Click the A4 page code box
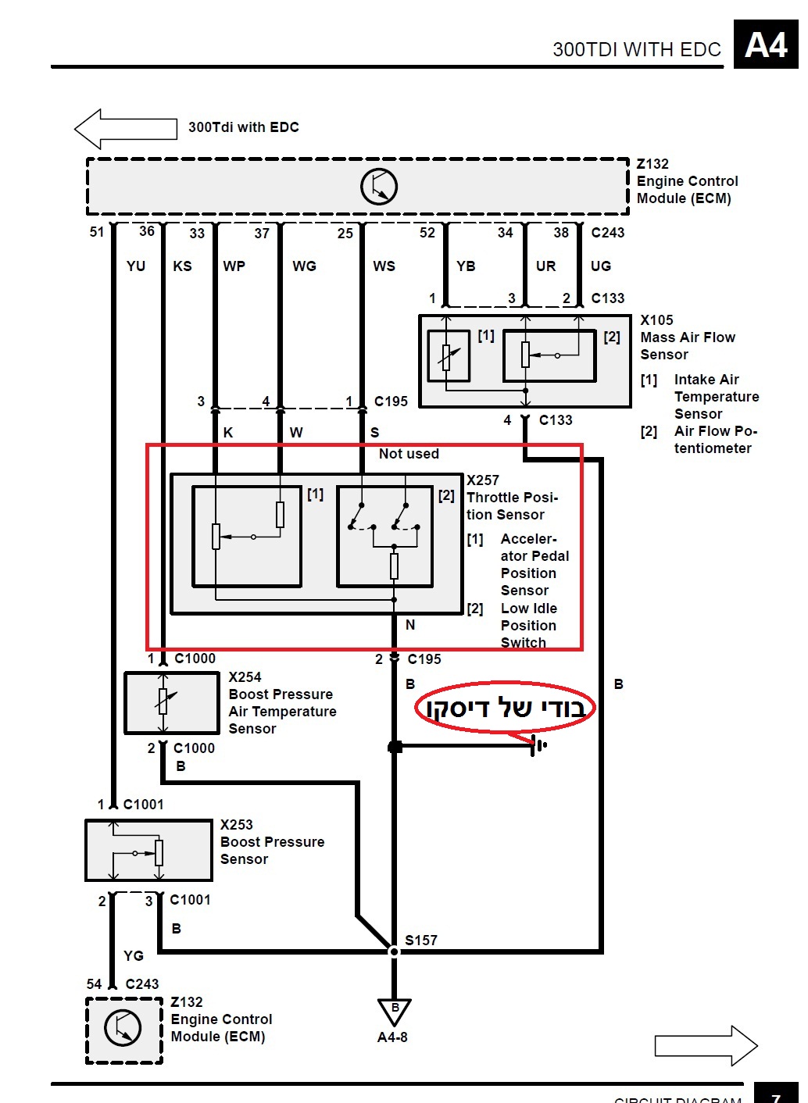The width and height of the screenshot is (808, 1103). point(765,45)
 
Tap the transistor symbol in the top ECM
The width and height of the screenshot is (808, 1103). point(379,187)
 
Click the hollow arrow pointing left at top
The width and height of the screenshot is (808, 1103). point(125,129)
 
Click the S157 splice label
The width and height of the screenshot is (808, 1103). point(421,941)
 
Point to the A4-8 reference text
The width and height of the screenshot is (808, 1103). point(392,1037)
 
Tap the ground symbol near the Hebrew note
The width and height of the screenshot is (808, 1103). point(538,745)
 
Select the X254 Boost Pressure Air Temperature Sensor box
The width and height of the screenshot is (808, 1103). point(172,703)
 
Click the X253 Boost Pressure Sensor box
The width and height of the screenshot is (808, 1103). point(148,851)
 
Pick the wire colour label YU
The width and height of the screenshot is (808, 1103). point(136,266)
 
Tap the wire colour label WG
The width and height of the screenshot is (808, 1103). point(304,266)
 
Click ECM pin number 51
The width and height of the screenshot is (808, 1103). point(97,232)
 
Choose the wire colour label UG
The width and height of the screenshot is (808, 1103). point(601,266)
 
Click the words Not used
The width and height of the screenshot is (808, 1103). point(409,454)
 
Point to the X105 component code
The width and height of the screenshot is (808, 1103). point(656,320)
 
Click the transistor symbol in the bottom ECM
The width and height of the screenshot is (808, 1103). point(123,1029)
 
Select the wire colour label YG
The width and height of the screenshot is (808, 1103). point(134,955)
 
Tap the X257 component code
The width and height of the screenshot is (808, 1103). point(483,480)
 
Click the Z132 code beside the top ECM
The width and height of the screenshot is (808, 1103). point(652,164)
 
